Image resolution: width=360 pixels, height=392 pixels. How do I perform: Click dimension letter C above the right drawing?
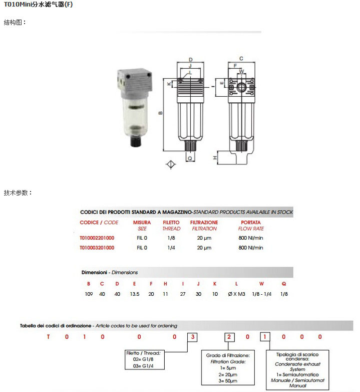(241, 58)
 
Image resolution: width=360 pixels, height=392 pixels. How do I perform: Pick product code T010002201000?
(97, 238)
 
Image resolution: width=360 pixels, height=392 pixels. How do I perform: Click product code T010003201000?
(97, 248)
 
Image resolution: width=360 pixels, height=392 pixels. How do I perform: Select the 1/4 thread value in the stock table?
(171, 248)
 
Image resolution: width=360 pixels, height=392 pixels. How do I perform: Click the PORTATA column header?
(250, 223)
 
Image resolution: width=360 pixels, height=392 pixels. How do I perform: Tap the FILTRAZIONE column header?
(204, 223)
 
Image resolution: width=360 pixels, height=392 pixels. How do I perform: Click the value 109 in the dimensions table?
(89, 294)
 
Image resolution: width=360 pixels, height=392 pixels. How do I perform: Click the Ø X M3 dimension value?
(236, 294)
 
